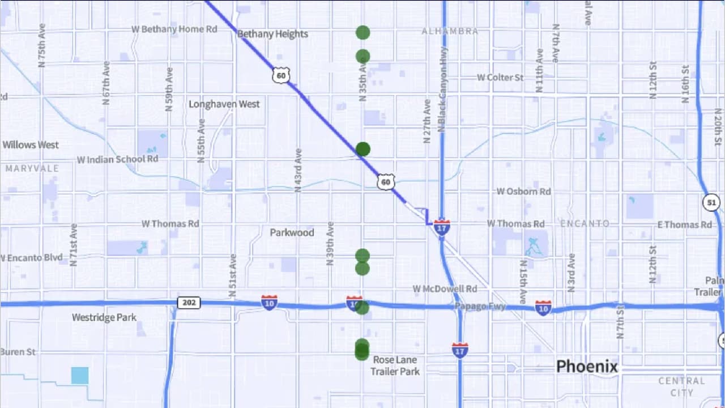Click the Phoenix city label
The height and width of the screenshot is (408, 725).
587,367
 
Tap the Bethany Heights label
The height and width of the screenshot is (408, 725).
272,34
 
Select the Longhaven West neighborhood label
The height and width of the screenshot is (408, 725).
224,104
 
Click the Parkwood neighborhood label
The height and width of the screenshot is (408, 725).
292,232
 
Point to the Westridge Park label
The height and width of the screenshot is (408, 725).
104,317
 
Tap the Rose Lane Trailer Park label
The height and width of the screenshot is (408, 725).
395,365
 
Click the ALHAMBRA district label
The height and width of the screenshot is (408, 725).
450,31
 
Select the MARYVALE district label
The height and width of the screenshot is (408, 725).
32,168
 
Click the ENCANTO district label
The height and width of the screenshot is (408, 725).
585,223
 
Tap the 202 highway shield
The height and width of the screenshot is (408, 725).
189,303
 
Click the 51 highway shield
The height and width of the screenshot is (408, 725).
712,202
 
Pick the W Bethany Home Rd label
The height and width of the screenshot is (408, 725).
174,29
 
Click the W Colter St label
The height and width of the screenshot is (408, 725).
500,77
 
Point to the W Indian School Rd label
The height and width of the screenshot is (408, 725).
118,159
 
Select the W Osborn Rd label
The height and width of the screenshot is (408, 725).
523,192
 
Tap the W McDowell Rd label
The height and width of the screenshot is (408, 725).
445,289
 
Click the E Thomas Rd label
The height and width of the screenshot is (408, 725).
684,225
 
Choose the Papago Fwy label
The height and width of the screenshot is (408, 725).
480,306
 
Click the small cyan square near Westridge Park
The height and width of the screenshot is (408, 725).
80,375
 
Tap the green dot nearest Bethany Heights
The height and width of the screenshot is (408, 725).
363,32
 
